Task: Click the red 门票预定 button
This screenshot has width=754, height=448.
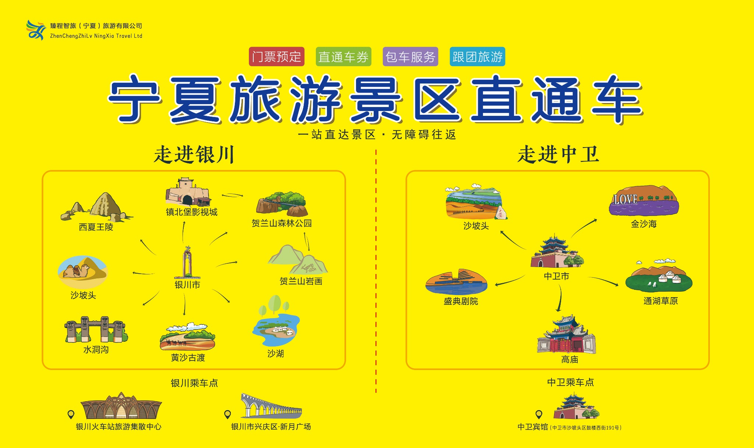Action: tap(276, 57)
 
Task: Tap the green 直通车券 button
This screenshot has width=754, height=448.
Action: tap(343, 57)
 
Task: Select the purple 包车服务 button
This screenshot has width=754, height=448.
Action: tap(411, 57)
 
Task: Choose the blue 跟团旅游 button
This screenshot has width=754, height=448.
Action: tap(478, 57)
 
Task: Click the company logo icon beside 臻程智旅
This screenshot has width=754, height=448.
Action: tap(36, 30)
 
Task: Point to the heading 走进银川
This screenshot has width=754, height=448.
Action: tap(194, 154)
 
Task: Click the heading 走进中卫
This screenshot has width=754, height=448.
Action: tap(558, 154)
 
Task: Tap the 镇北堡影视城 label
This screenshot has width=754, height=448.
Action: tap(191, 212)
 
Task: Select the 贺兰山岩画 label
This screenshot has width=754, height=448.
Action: tap(301, 281)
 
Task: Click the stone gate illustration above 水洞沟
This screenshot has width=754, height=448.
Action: tap(96, 330)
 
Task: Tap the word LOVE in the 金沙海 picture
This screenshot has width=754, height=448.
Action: tap(625, 199)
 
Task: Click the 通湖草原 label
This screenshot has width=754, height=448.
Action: tap(660, 301)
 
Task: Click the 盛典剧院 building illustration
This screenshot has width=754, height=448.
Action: tap(457, 282)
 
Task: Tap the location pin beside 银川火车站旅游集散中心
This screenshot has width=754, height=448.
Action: tap(71, 415)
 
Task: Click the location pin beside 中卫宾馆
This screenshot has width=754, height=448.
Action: tap(539, 415)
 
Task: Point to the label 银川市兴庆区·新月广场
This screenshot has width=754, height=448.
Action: tap(271, 427)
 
